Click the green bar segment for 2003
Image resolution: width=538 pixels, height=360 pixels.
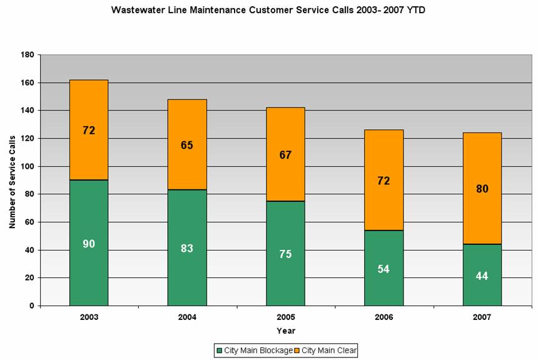[89, 269]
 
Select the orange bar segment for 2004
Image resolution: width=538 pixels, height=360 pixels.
[187, 125]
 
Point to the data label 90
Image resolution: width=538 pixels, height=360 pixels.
[89, 244]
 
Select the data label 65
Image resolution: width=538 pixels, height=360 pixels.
[187, 145]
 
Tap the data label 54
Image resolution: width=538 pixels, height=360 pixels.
[383, 269]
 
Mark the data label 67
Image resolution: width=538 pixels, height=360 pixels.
[285, 155]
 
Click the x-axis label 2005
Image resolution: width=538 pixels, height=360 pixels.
[285, 317]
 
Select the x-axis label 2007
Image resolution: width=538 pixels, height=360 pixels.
[482, 317]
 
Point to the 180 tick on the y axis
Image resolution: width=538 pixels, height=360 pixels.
[28, 55]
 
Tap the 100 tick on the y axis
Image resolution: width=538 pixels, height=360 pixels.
[28, 166]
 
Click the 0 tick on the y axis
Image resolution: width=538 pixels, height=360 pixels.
[31, 306]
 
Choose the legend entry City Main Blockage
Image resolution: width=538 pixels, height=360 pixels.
[254, 351]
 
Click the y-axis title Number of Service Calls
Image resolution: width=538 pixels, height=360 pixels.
[12, 180]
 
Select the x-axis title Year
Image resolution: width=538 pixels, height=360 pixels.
[286, 331]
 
